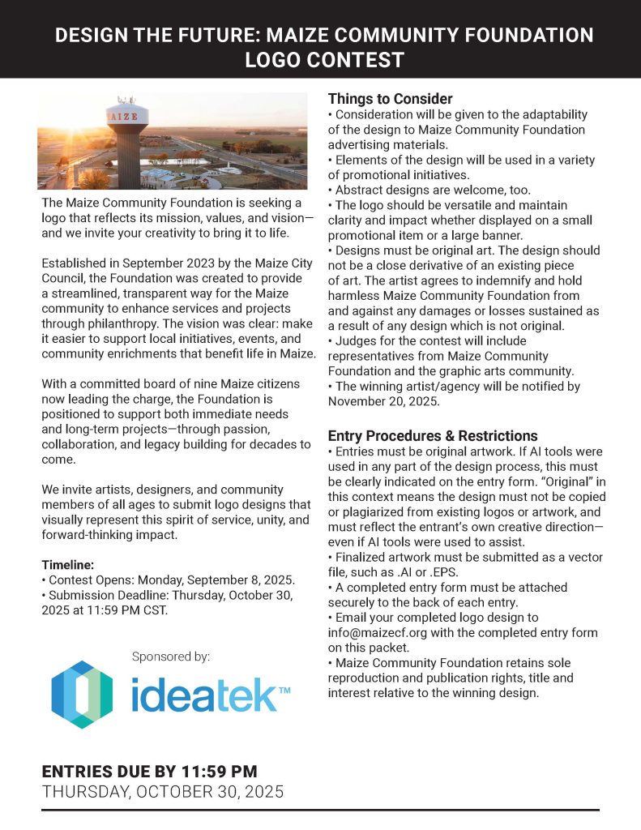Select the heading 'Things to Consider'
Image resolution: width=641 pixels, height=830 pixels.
pyautogui.click(x=390, y=99)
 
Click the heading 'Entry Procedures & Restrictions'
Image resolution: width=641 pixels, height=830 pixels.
pyautogui.click(x=433, y=435)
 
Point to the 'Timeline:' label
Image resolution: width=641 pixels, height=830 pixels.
pyautogui.click(x=68, y=565)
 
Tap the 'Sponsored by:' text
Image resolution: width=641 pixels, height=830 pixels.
pyautogui.click(x=170, y=656)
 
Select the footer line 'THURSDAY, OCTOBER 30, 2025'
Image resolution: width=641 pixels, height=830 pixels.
pyautogui.click(x=163, y=792)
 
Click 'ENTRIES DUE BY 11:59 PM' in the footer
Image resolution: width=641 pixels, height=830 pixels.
pyautogui.click(x=149, y=771)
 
